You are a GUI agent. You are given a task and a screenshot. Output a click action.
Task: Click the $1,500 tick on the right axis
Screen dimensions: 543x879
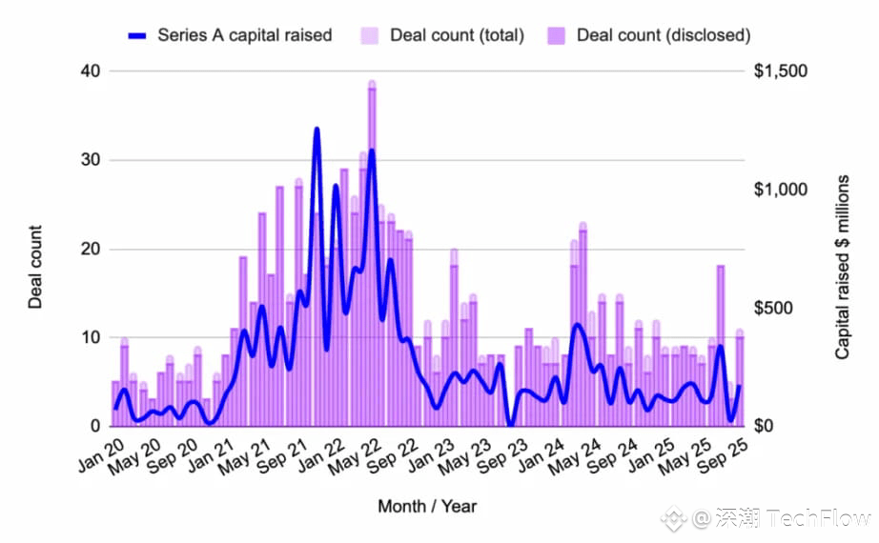pyautogui.click(x=781, y=71)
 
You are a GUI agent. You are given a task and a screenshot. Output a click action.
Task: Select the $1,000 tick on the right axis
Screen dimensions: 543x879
pyautogui.click(x=781, y=190)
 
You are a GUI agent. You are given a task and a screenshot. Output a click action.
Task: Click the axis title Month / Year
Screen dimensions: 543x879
pyautogui.click(x=426, y=506)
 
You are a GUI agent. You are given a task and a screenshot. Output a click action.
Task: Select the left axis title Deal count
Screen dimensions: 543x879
pyautogui.click(x=35, y=267)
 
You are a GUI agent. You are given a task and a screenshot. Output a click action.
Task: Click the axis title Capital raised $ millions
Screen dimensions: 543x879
pyautogui.click(x=843, y=267)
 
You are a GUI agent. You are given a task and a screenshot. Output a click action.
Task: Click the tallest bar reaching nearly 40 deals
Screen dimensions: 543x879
pyautogui.click(x=372, y=257)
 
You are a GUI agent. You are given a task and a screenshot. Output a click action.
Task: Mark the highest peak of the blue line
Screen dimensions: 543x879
pyautogui.click(x=317, y=130)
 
